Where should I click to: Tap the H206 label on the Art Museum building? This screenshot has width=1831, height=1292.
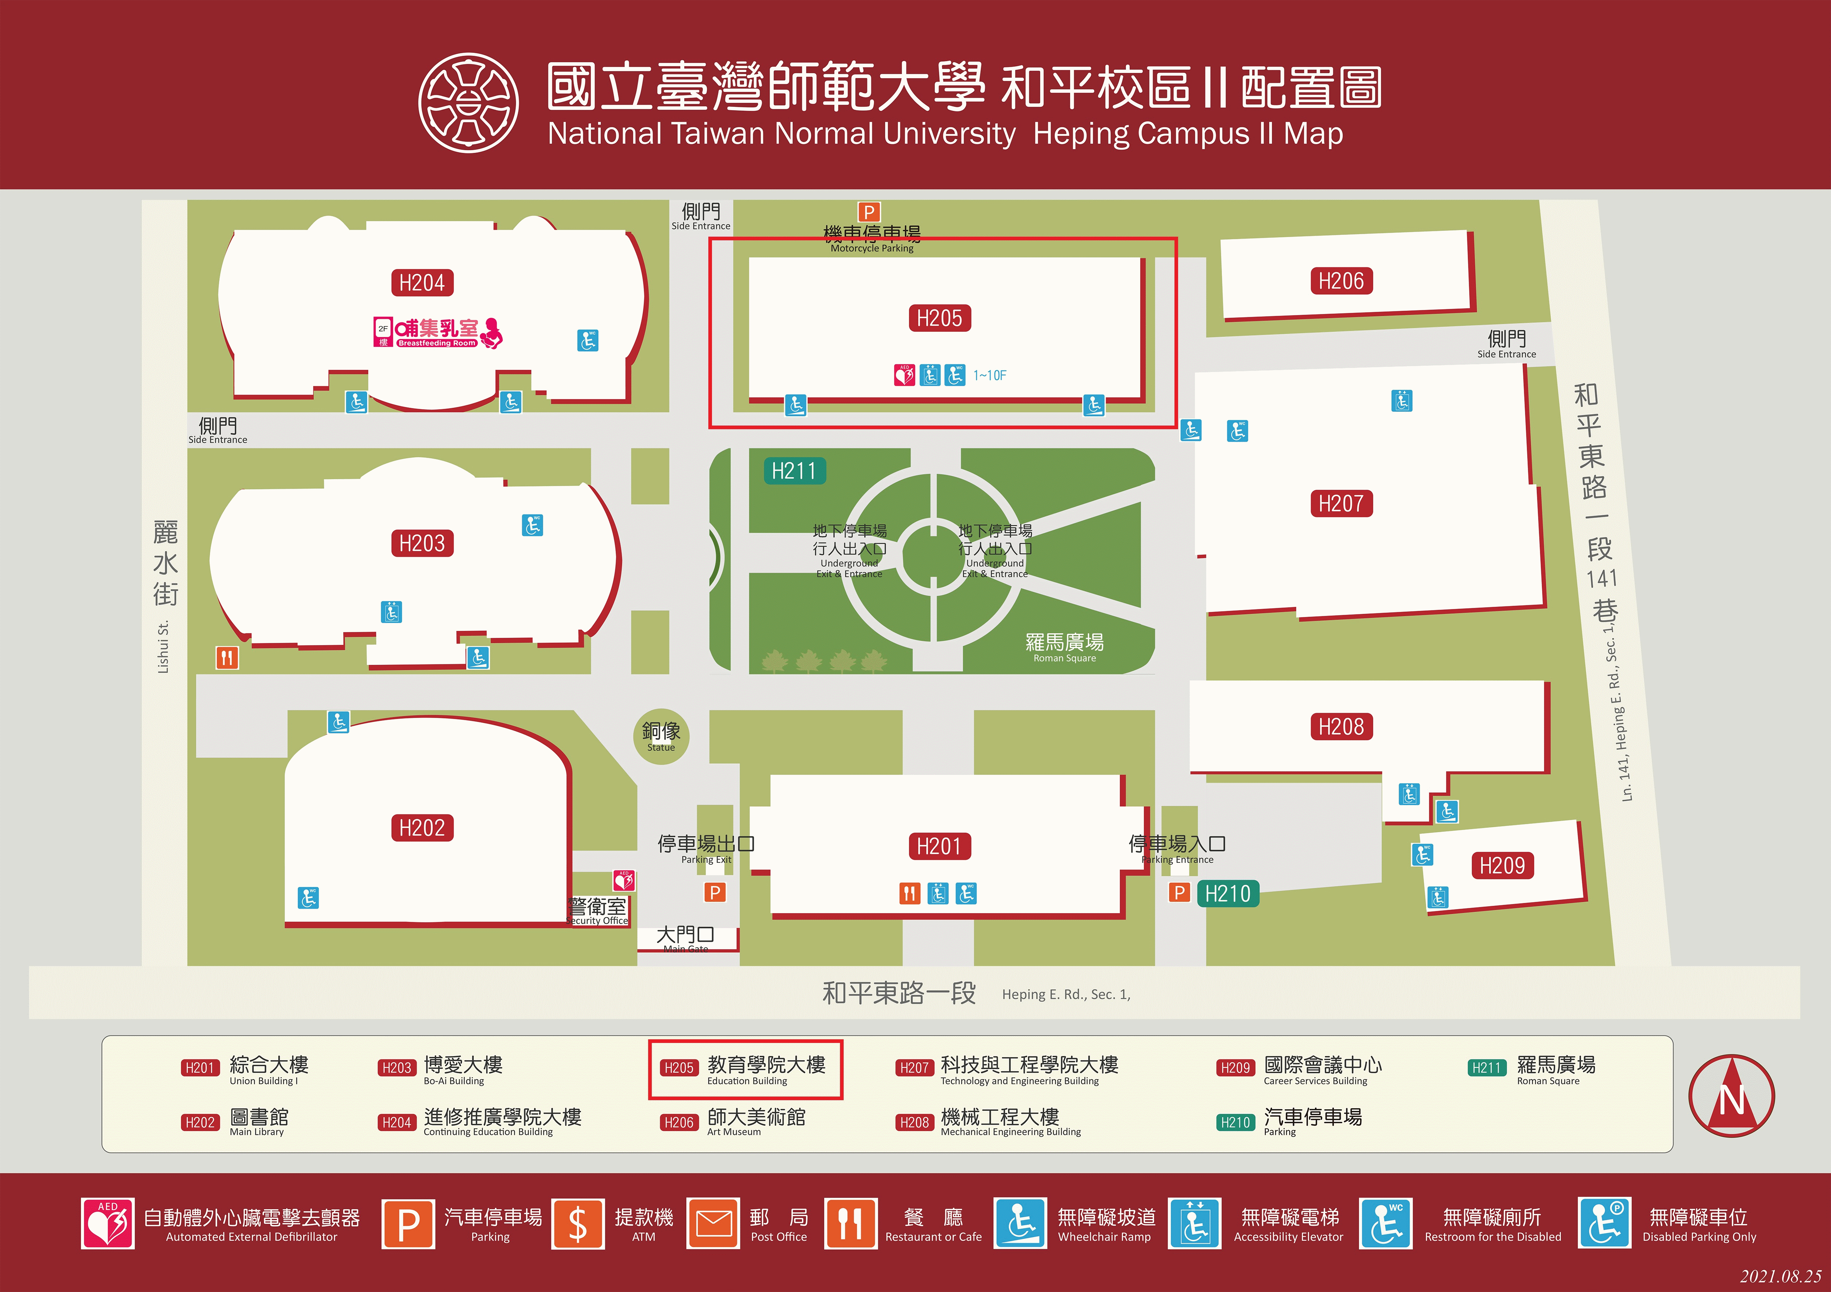point(1340,281)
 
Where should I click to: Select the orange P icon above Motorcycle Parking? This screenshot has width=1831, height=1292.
point(868,212)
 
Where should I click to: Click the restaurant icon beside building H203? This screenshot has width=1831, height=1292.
point(227,658)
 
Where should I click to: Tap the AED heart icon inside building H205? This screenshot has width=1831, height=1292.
point(904,375)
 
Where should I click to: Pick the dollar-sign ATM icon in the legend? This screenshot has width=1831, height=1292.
point(577,1223)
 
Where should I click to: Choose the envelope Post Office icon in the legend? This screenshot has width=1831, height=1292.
point(713,1223)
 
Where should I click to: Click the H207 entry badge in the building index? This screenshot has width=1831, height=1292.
point(914,1067)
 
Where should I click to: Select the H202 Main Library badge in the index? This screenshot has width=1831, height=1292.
point(200,1122)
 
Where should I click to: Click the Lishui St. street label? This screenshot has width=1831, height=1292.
point(163,646)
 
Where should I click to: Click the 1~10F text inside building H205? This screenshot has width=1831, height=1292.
point(990,375)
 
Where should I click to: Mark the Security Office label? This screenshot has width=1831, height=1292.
point(598,911)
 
